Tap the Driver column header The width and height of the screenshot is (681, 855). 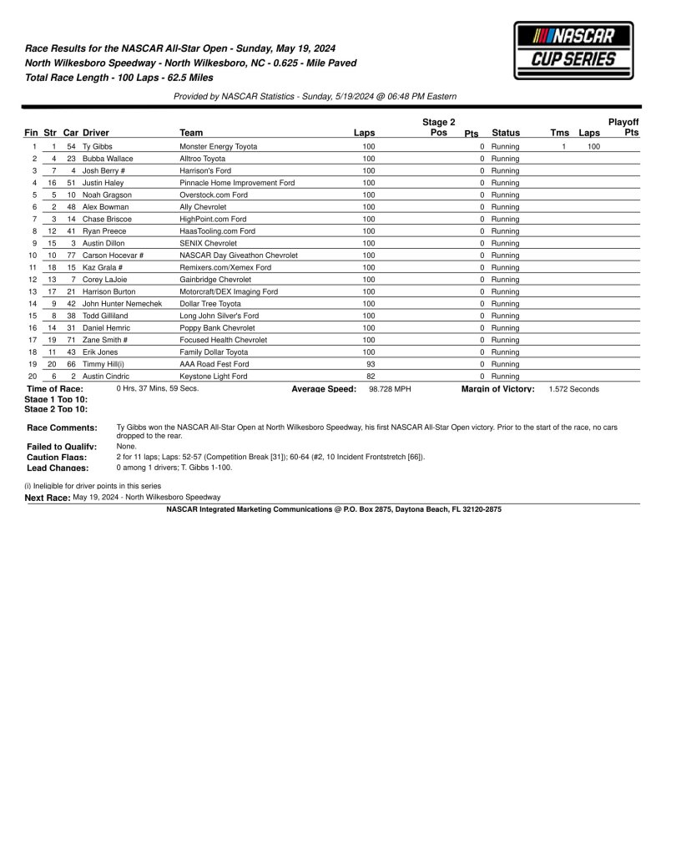(96, 133)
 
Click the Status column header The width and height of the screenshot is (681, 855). (506, 133)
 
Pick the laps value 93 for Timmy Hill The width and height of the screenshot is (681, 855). (371, 365)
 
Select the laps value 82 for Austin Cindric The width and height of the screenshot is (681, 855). (371, 377)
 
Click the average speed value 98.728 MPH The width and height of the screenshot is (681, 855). (391, 389)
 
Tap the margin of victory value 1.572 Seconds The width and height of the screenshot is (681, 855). (573, 389)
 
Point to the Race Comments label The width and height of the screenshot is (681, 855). (62, 427)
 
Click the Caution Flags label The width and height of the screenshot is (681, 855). (57, 458)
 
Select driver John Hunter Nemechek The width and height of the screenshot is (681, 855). (122, 304)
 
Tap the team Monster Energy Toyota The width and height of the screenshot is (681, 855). (219, 146)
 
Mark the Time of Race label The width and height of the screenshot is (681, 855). (55, 389)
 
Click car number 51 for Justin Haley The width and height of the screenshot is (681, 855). (71, 183)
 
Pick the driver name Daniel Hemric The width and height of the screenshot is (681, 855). (106, 328)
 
